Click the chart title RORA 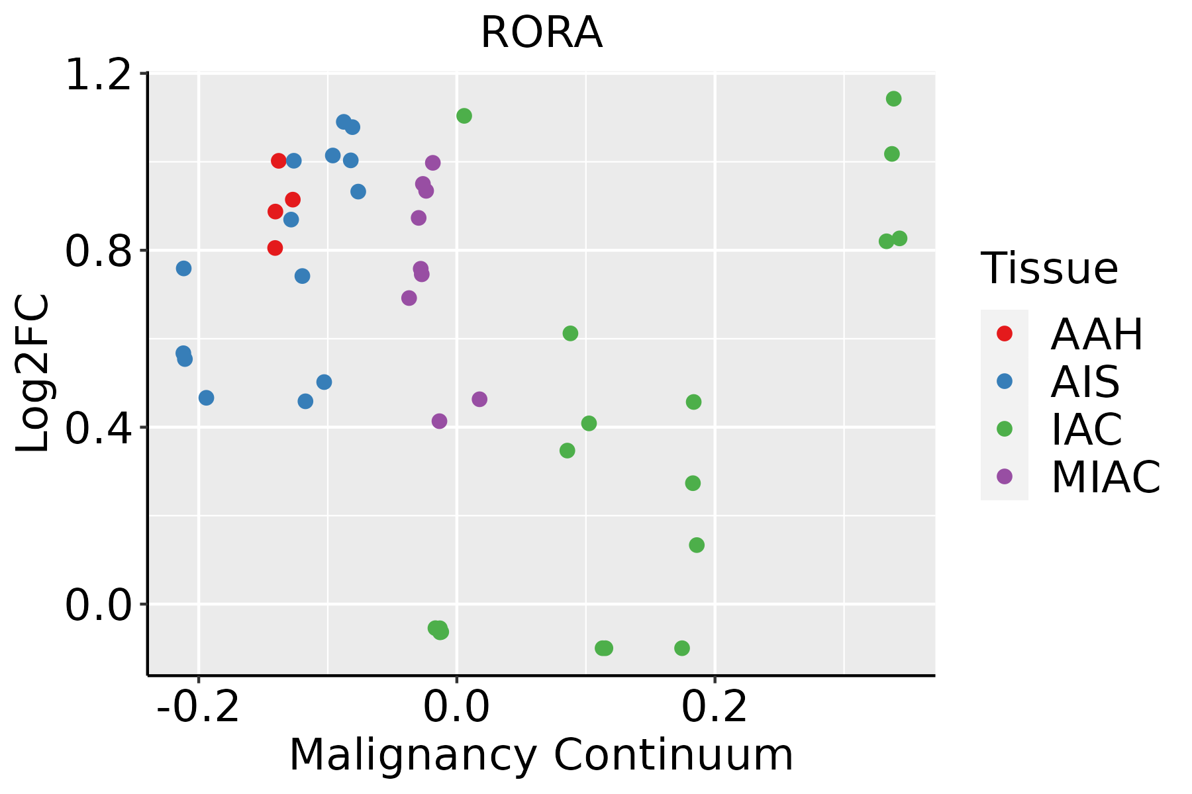click(x=541, y=32)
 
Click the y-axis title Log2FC click(x=32, y=373)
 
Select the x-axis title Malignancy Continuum click(x=541, y=755)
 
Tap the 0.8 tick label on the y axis click(x=97, y=251)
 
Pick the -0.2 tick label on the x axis click(x=199, y=708)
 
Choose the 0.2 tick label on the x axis click(x=715, y=708)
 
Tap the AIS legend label click(x=1085, y=382)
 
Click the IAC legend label click(x=1087, y=429)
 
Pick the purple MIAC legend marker click(x=1005, y=476)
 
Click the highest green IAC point click(x=894, y=99)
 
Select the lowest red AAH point click(x=275, y=248)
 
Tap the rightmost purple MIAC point click(x=479, y=399)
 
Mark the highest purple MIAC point click(x=433, y=163)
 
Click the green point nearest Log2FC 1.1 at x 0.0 click(x=464, y=116)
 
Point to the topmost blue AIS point click(x=344, y=122)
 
